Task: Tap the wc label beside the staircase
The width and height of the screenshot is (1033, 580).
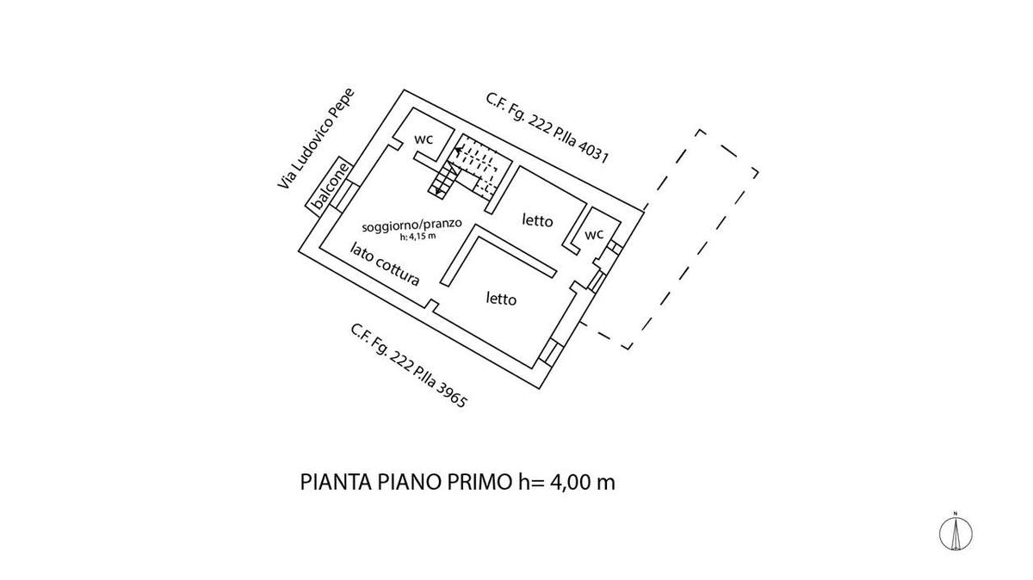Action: tap(424, 139)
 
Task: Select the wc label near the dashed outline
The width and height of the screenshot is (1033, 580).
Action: tap(594, 234)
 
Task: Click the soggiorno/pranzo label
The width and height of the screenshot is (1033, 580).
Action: tap(411, 225)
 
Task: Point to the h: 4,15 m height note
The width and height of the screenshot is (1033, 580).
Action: tap(418, 238)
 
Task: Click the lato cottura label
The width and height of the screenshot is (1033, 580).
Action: tap(385, 264)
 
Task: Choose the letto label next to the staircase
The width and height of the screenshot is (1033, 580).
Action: tap(537, 220)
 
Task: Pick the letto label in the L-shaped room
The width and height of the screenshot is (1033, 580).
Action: tap(501, 299)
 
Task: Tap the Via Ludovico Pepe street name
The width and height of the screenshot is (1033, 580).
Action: tap(316, 139)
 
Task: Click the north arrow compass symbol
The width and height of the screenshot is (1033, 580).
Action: tap(956, 533)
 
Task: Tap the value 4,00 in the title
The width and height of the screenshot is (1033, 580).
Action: tap(571, 482)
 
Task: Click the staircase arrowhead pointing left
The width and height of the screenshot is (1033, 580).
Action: tap(458, 150)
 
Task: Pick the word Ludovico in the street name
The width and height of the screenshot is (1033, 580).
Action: tap(312, 143)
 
